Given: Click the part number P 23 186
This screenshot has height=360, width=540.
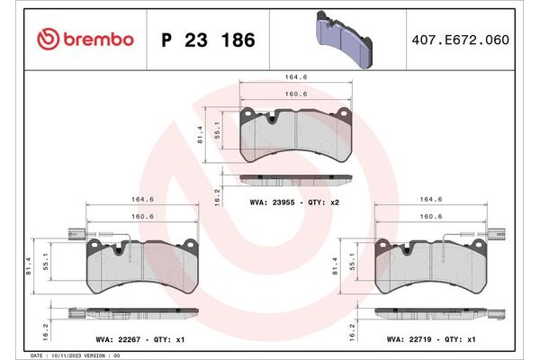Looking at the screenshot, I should point(207,40).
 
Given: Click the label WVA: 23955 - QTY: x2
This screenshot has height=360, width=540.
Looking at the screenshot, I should point(294,203).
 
